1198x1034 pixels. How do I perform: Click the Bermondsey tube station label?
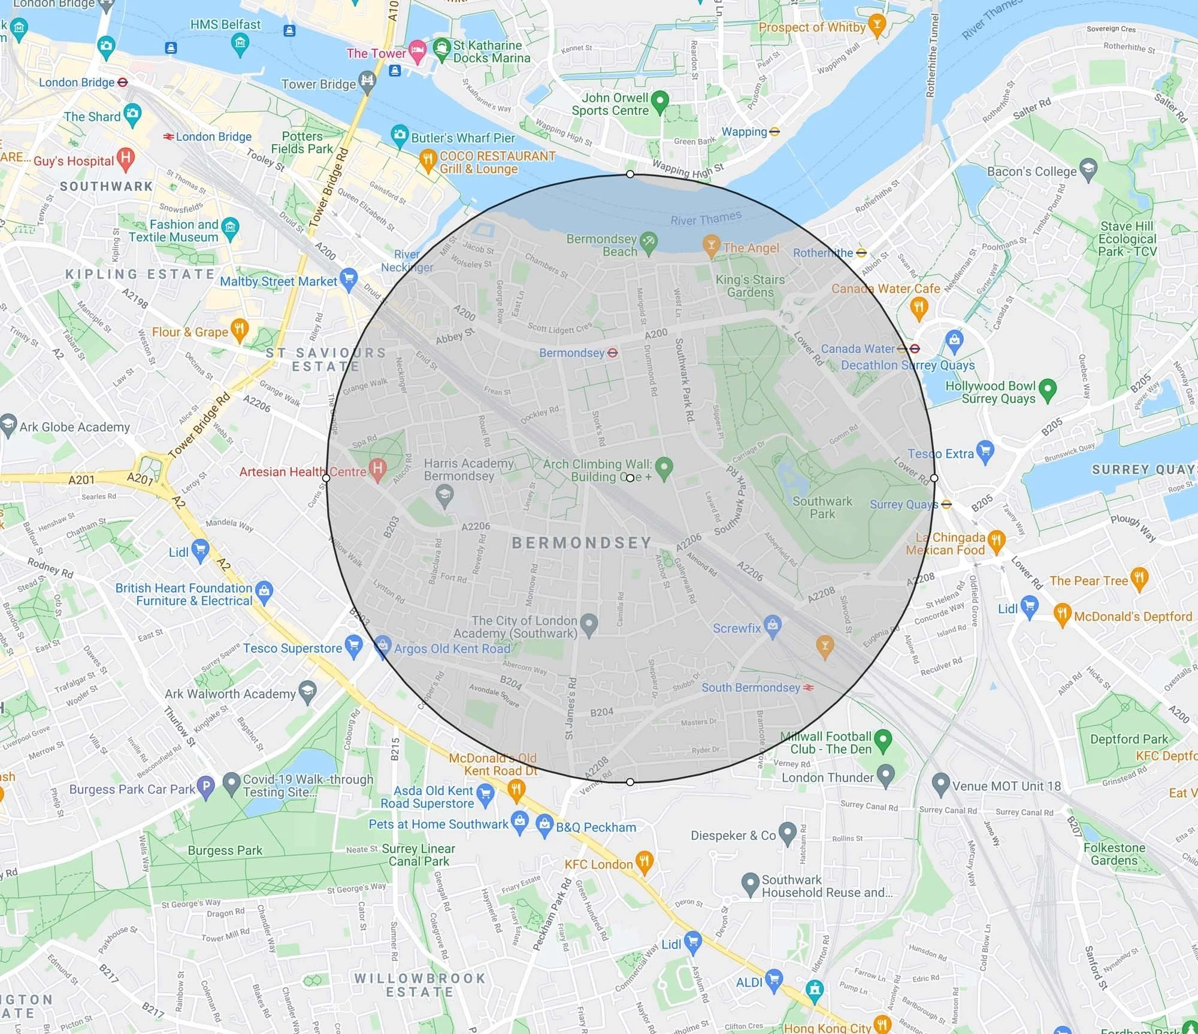[x=572, y=353]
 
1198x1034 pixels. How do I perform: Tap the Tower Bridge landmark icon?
[x=367, y=81]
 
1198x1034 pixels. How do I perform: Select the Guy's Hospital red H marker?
[x=126, y=158]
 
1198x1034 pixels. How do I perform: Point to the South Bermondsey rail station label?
[x=751, y=687]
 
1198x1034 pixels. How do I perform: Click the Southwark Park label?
[x=822, y=507]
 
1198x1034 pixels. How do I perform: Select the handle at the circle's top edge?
[x=630, y=174]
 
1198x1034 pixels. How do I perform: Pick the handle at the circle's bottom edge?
[x=630, y=782]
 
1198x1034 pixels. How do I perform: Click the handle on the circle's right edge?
[x=934, y=478]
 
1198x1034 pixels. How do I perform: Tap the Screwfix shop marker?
[x=773, y=625]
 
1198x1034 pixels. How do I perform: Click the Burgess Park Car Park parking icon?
[x=205, y=786]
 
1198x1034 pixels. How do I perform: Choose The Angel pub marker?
[x=711, y=245]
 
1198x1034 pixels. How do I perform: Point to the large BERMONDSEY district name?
[x=582, y=542]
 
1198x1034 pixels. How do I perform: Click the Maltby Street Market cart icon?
[x=348, y=278]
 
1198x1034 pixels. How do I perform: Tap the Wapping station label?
[x=744, y=132]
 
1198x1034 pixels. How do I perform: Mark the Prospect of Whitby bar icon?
[x=877, y=24]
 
